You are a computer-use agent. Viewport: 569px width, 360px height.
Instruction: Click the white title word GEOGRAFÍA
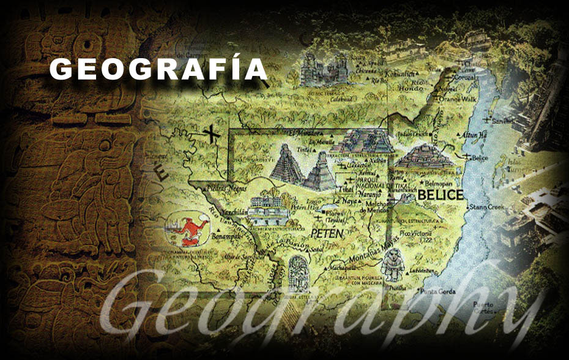click(158, 69)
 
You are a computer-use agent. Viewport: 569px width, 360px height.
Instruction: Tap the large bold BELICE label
click(441, 195)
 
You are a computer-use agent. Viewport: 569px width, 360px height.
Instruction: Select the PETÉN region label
click(327, 233)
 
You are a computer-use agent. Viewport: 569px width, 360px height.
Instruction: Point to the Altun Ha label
click(474, 135)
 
